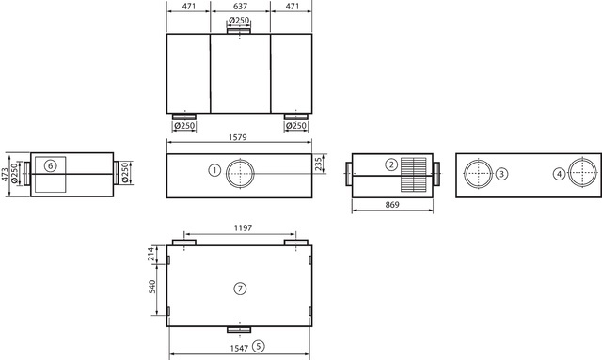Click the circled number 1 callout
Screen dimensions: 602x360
click(x=214, y=170)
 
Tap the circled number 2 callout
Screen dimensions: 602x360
click(x=391, y=164)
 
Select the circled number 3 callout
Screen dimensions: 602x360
click(x=501, y=174)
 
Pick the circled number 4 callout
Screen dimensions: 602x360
click(x=559, y=174)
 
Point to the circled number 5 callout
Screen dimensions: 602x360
click(x=259, y=347)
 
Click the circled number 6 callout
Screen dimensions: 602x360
click(x=50, y=165)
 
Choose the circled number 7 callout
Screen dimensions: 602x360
click(x=240, y=289)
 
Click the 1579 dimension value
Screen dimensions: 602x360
click(x=238, y=137)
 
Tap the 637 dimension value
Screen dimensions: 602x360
click(x=241, y=7)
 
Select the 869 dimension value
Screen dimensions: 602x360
click(x=392, y=205)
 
